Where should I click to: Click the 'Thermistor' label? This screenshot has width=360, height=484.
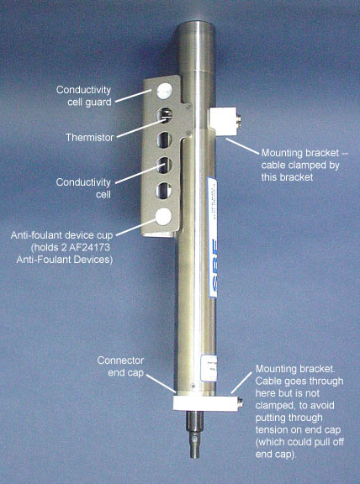pyautogui.click(x=90, y=138)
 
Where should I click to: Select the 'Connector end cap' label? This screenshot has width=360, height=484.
pyautogui.click(x=120, y=366)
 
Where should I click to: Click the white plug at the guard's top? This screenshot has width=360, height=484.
pyautogui.click(x=164, y=91)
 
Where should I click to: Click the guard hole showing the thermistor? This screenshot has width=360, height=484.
pyautogui.click(x=164, y=115)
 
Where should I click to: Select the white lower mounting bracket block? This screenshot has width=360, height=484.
pyautogui.click(x=205, y=402)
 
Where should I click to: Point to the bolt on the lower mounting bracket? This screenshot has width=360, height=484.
pyautogui.click(x=240, y=402)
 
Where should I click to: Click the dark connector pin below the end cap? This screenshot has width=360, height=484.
pyautogui.click(x=194, y=434)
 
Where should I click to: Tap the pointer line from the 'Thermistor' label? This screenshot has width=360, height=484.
pyautogui.click(x=139, y=129)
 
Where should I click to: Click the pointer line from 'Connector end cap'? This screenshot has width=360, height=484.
pyautogui.click(x=161, y=384)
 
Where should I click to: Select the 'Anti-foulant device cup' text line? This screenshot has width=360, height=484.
pyautogui.click(x=61, y=235)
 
